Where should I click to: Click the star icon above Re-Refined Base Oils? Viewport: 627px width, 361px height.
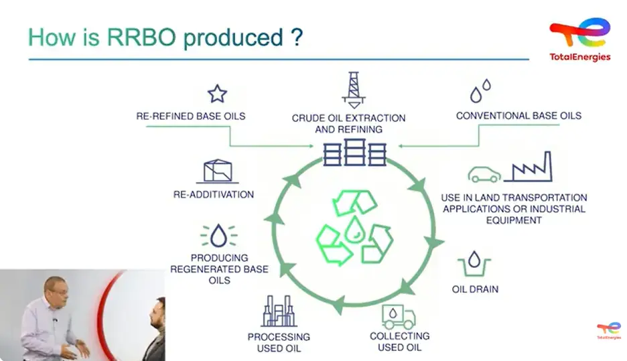(x=217, y=93)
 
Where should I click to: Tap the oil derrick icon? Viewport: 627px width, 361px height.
(x=354, y=89)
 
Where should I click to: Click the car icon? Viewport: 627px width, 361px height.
(x=484, y=174)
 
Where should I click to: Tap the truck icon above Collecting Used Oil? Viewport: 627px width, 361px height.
(x=399, y=315)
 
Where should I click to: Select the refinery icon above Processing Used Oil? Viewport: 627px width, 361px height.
(x=279, y=311)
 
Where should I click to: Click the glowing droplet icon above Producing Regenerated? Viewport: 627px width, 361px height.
(x=218, y=235)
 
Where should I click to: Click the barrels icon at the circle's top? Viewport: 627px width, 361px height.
(x=354, y=153)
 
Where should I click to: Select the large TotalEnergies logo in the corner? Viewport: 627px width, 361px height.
(x=579, y=39)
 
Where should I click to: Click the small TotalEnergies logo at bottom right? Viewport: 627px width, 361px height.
(x=608, y=330)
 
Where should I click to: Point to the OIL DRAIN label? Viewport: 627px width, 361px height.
(x=475, y=289)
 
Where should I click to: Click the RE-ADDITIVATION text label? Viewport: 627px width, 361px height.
(x=213, y=195)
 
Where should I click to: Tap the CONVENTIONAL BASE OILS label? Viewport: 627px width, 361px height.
(x=518, y=116)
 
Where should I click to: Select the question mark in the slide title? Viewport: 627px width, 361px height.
(x=297, y=37)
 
